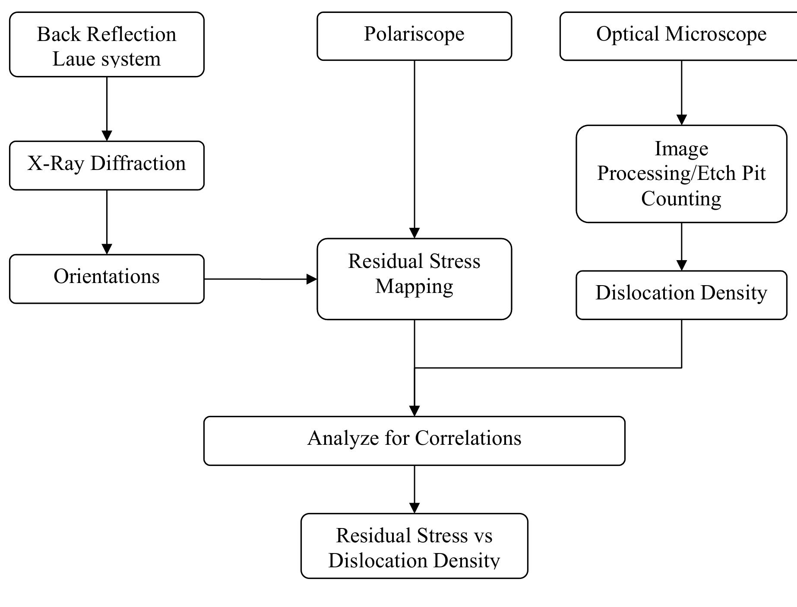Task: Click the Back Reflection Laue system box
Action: click(107, 45)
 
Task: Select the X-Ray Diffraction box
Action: click(107, 165)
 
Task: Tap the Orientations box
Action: click(107, 279)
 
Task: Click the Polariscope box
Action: click(414, 36)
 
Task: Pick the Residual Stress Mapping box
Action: click(414, 279)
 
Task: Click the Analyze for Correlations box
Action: click(414, 440)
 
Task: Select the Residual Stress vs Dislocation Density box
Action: click(414, 546)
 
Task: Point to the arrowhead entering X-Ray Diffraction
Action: click(107, 135)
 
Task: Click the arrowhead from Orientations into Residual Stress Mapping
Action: click(311, 279)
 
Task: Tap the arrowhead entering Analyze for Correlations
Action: click(414, 411)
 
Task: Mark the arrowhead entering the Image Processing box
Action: click(681, 120)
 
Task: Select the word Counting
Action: click(681, 198)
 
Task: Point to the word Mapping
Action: click(414, 286)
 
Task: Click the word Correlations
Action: click(468, 438)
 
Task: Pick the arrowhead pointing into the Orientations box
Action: click(107, 249)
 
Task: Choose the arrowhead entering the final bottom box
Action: click(414, 508)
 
